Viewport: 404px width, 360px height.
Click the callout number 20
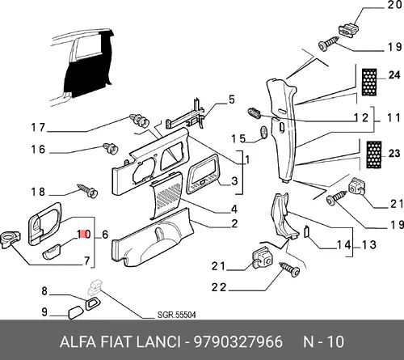pyautogui.click(x=394, y=5)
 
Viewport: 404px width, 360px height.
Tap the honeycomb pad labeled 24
pyautogui.click(x=369, y=83)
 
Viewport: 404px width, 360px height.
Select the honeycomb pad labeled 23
pyautogui.click(x=374, y=155)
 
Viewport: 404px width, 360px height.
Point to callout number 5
pyautogui.click(x=232, y=100)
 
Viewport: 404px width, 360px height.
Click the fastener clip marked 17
pyautogui.click(x=139, y=121)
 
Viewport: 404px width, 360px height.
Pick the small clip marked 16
pyautogui.click(x=111, y=148)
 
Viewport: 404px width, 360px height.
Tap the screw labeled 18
pyautogui.click(x=88, y=191)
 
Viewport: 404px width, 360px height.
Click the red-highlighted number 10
pyautogui.click(x=84, y=234)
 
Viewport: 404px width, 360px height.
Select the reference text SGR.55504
pyautogui.click(x=177, y=315)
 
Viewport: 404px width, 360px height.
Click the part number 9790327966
pyautogui.click(x=238, y=341)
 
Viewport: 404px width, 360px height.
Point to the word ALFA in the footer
pyautogui.click(x=78, y=341)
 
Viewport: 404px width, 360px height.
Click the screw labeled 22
pyautogui.click(x=290, y=269)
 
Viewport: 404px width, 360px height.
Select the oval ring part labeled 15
pyautogui.click(x=264, y=133)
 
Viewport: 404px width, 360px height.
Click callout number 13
pyautogui.click(x=368, y=245)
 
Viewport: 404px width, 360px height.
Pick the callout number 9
pyautogui.click(x=44, y=312)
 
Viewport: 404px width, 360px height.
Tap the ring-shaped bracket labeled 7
pyautogui.click(x=11, y=239)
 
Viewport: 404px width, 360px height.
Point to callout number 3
pyautogui.click(x=234, y=181)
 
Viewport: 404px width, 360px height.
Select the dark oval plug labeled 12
pyautogui.click(x=255, y=112)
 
